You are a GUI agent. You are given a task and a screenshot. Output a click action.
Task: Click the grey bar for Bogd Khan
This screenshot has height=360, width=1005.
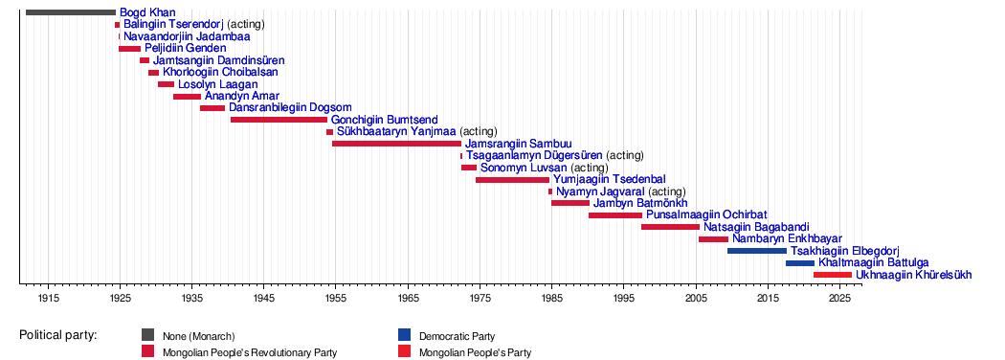point(71,12)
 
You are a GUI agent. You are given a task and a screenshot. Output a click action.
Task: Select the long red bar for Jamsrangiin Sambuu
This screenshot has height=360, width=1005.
point(397,143)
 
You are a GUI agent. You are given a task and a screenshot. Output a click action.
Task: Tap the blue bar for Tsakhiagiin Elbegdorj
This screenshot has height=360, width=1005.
point(757,251)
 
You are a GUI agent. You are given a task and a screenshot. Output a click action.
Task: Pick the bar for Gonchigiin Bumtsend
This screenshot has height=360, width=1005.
point(279,120)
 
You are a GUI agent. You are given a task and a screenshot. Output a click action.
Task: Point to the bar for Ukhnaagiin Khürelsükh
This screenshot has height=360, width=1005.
point(833,275)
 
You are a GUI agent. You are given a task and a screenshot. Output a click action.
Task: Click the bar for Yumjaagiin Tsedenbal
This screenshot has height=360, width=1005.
point(513,180)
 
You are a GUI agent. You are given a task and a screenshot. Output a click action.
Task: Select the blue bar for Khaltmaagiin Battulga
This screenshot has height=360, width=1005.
point(800,263)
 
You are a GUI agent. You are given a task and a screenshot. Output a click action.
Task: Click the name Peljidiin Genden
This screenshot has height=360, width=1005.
point(186,48)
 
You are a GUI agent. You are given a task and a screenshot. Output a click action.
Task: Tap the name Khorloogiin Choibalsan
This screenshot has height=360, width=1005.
point(220,72)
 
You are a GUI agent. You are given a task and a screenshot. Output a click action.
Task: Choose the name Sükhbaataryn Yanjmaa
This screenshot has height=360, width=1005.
point(396,131)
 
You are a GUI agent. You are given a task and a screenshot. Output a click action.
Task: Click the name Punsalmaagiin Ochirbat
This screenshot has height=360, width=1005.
point(707,215)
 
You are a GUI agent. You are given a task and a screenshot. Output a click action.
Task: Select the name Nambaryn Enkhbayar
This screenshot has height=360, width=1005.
point(787,238)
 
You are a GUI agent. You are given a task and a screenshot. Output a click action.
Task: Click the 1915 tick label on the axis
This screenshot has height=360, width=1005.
point(48,297)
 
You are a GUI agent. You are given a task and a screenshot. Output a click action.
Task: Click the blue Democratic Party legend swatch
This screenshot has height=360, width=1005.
point(404,335)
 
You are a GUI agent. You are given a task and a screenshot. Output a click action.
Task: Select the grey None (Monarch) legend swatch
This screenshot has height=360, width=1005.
point(148,335)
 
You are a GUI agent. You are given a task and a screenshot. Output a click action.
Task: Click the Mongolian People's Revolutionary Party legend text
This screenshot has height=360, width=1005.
point(250,352)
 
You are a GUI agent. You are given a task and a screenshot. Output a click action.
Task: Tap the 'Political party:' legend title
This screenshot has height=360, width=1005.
point(57,335)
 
